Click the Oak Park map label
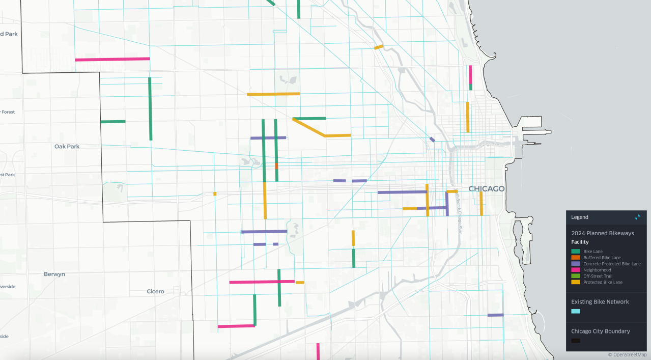click(67, 146)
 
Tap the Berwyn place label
click(54, 274)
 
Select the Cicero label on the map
click(155, 291)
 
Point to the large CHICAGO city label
click(487, 189)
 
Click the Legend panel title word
click(580, 217)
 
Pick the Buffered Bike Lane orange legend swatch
click(576, 258)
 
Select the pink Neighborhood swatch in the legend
click(576, 270)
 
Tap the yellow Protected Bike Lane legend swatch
click(576, 282)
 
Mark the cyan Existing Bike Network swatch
click(576, 311)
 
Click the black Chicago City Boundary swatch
click(576, 341)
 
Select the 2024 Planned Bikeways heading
click(603, 233)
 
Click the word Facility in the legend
click(580, 242)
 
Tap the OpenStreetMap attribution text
click(627, 354)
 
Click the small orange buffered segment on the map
click(276, 166)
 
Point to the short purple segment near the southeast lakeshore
click(495, 315)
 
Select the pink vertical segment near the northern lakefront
click(470, 74)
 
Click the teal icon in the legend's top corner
click(637, 217)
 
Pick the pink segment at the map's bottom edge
click(318, 351)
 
